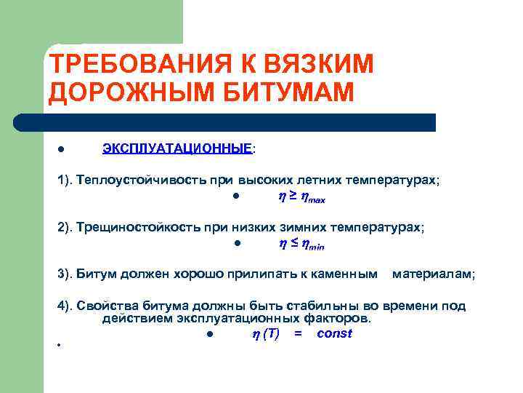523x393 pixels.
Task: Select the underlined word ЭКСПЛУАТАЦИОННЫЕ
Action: (x=177, y=148)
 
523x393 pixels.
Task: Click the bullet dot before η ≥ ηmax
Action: (x=237, y=197)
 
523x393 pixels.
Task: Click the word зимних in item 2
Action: (x=306, y=227)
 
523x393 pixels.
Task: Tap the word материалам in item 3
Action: (x=433, y=274)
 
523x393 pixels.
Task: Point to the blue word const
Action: (x=335, y=333)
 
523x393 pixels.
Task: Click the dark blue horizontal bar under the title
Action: (x=240, y=122)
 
